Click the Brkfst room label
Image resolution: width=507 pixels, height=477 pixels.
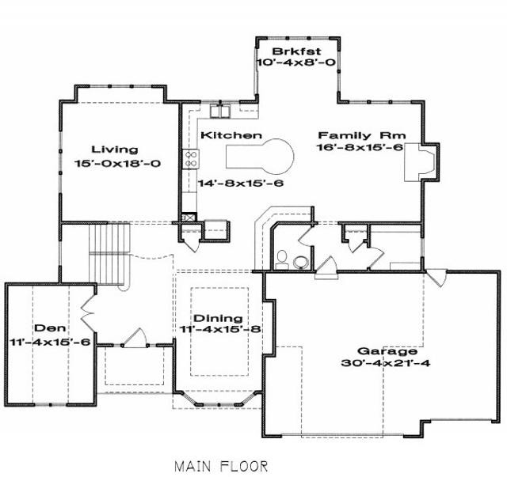296,51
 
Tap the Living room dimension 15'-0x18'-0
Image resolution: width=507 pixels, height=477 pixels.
117,164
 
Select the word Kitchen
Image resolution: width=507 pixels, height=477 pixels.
231,135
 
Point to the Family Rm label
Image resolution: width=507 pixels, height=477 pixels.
362,135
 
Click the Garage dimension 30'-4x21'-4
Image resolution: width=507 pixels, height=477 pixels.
386,363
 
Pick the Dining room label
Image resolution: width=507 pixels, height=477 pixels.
218,318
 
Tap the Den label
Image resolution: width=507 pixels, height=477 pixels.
50,328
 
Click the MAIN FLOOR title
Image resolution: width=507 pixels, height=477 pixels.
222,467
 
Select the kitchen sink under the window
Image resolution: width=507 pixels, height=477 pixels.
220,111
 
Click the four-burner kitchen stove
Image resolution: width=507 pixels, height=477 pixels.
190,159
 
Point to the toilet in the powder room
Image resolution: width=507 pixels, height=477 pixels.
282,259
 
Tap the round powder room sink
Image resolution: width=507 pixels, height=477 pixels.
301,263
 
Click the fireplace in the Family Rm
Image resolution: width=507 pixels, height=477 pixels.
421,162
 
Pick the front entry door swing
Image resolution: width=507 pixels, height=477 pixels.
135,338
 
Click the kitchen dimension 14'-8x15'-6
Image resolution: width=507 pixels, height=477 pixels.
241,184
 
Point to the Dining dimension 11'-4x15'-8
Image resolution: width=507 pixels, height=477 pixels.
220,329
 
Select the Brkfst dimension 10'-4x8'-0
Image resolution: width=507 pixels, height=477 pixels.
296,62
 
